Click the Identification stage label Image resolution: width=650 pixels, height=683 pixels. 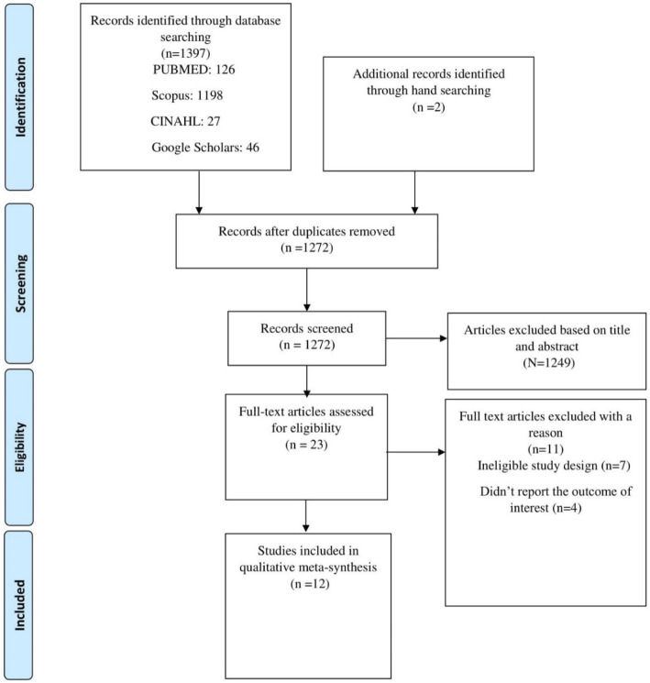tap(20, 97)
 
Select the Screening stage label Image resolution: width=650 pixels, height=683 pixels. tap(20, 283)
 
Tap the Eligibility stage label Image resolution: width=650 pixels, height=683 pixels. tap(20, 446)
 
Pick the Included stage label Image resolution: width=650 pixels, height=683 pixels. tap(20, 604)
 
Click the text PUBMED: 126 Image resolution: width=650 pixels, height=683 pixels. tap(193, 70)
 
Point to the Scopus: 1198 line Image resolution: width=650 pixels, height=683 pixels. tap(187, 95)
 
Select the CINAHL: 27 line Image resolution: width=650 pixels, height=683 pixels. tap(185, 121)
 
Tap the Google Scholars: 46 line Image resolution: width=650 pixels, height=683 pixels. tap(205, 148)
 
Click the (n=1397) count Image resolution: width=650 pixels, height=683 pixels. tap(185, 53)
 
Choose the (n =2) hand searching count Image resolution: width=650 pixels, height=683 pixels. tap(429, 107)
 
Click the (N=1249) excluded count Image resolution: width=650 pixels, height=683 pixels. tap(549, 363)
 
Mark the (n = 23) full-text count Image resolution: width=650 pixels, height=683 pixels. tap(306, 445)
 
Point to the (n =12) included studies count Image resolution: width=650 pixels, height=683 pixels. tap(310, 584)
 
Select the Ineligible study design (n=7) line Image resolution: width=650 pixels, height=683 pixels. tap(554, 466)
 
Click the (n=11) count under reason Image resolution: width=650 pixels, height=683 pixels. tap(545, 449)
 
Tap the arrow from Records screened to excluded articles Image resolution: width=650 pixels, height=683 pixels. tap(416, 338)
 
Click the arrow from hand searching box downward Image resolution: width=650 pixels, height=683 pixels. tap(414, 193)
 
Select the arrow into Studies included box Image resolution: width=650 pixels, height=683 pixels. tap(306, 516)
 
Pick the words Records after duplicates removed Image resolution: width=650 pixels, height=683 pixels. tap(307, 231)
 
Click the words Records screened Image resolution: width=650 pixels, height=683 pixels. tap(307, 328)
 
